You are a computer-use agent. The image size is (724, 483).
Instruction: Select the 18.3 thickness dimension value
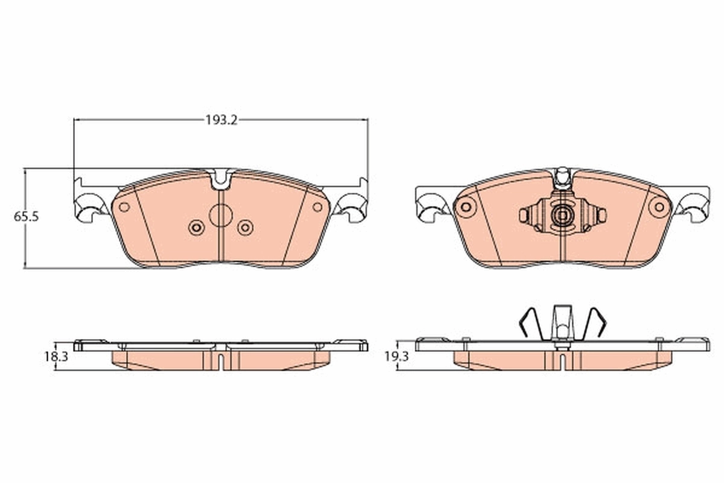[56, 357]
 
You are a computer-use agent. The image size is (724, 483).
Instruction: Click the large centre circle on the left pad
[220, 216]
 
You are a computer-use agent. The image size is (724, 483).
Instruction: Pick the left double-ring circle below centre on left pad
[196, 228]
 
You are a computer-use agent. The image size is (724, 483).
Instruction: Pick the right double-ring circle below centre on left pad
[245, 228]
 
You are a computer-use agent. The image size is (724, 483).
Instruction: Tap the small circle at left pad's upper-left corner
[124, 207]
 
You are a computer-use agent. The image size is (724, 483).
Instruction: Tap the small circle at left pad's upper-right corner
[317, 207]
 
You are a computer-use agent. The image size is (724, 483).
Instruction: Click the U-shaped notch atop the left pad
[220, 178]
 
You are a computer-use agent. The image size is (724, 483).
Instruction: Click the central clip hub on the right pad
[562, 215]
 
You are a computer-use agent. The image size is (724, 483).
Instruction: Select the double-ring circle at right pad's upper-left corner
[465, 207]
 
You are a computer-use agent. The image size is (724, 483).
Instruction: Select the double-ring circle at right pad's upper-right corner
[659, 207]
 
